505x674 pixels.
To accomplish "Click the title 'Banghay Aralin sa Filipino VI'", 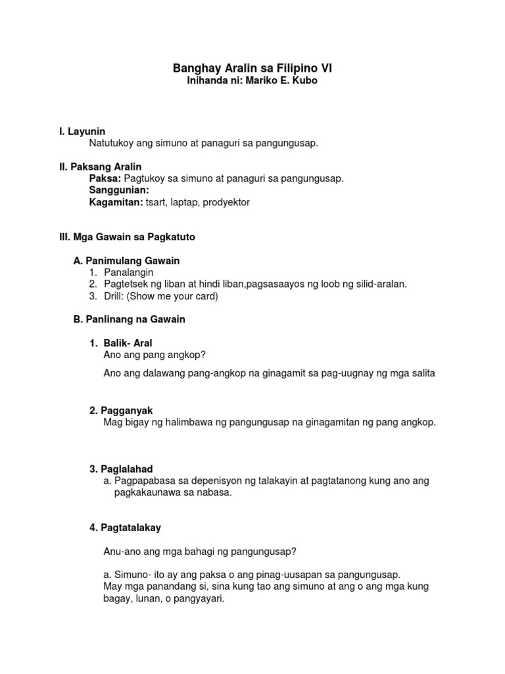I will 252,68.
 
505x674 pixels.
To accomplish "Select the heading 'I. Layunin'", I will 82,132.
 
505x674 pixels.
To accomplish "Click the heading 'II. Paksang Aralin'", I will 101,167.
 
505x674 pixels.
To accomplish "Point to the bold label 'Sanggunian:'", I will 119,190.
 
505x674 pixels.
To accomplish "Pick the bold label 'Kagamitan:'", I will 116,202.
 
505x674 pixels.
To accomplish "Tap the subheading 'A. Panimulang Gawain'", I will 126,261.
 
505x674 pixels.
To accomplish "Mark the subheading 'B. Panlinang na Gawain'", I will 129,319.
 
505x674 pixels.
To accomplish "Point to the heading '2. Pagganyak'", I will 121,410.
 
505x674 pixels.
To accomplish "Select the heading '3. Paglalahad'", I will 121,469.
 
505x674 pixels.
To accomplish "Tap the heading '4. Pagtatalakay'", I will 125,527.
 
